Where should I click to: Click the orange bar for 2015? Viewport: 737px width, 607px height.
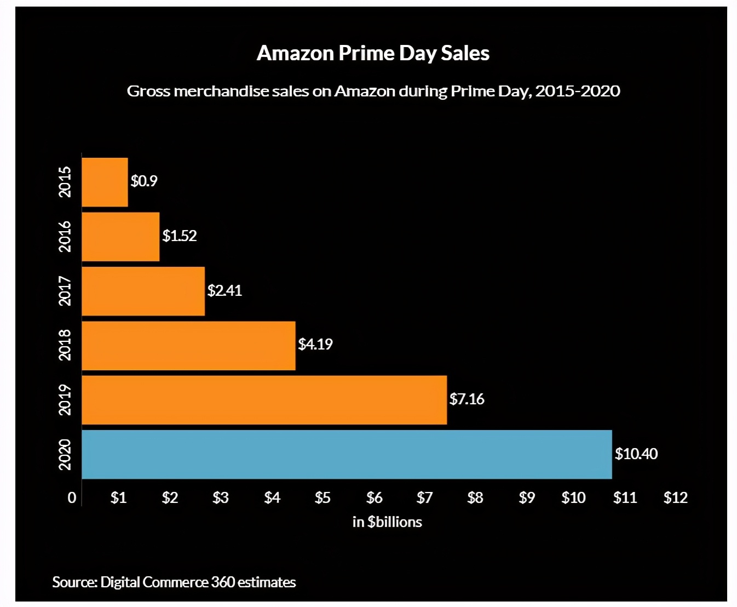pyautogui.click(x=105, y=182)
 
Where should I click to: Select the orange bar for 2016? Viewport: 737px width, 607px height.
pyautogui.click(x=120, y=237)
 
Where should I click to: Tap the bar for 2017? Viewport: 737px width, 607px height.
pyautogui.click(x=143, y=291)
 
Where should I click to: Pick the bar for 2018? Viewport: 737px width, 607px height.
pyautogui.click(x=188, y=346)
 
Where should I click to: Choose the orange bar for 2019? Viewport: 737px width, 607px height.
pyautogui.click(x=264, y=400)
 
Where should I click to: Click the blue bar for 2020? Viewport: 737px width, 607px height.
pyautogui.click(x=347, y=454)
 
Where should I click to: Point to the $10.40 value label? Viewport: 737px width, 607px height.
pyautogui.click(x=636, y=454)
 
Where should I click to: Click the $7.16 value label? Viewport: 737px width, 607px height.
pyautogui.click(x=467, y=399)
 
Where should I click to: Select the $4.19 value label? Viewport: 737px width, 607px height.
pyautogui.click(x=315, y=345)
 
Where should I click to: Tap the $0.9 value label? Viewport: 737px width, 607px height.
pyautogui.click(x=143, y=181)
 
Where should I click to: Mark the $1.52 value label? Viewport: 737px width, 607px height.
pyautogui.click(x=179, y=236)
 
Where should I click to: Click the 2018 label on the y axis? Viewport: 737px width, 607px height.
pyautogui.click(x=65, y=345)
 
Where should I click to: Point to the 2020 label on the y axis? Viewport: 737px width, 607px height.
pyautogui.click(x=65, y=454)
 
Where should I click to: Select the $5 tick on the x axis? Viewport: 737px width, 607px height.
pyautogui.click(x=323, y=497)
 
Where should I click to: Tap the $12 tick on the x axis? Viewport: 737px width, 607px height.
pyautogui.click(x=675, y=497)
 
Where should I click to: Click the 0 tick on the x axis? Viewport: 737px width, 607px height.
pyautogui.click(x=72, y=497)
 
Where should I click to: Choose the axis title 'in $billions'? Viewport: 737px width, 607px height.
pyautogui.click(x=387, y=522)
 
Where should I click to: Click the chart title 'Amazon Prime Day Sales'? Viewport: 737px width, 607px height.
pyautogui.click(x=373, y=53)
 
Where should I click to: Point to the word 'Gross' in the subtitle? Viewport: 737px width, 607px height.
pyautogui.click(x=148, y=91)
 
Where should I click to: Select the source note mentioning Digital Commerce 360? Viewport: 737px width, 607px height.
pyautogui.click(x=174, y=582)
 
